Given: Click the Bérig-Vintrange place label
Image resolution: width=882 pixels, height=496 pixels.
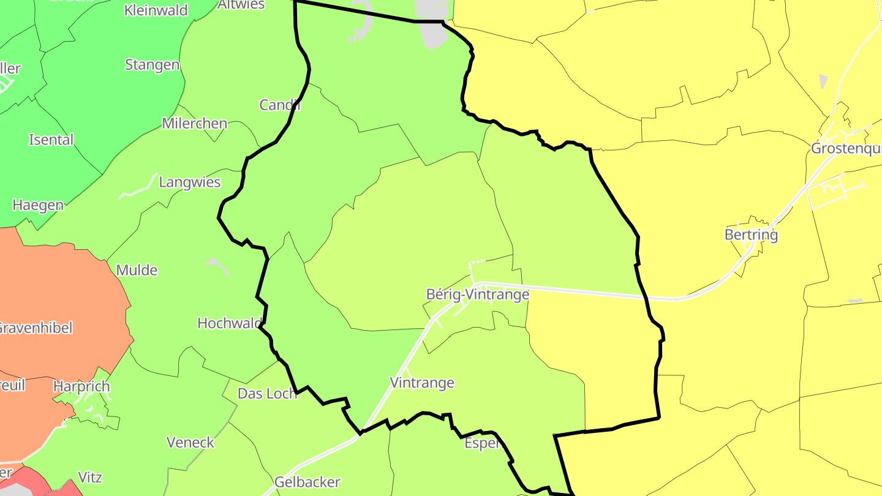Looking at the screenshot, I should pyautogui.click(x=477, y=295).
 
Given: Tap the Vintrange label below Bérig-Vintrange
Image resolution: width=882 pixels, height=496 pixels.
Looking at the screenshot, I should pyautogui.click(x=422, y=383).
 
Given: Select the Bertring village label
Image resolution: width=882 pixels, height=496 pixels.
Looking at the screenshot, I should pyautogui.click(x=751, y=235).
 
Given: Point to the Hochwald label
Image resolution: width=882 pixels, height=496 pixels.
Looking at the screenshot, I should pyautogui.click(x=230, y=323).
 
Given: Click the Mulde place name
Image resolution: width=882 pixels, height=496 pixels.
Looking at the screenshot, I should pyautogui.click(x=137, y=270).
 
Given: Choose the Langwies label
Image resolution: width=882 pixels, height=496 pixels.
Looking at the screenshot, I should pyautogui.click(x=189, y=182).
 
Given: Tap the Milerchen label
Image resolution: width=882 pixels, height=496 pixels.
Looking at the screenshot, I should pyautogui.click(x=194, y=123).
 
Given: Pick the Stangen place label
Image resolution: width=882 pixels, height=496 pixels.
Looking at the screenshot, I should pyautogui.click(x=152, y=64).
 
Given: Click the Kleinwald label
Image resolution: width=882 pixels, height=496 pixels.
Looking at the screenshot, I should pyautogui.click(x=156, y=10).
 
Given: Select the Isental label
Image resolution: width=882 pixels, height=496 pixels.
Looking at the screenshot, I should pyautogui.click(x=51, y=139).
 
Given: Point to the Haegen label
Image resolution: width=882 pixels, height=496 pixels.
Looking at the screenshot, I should pyautogui.click(x=38, y=205).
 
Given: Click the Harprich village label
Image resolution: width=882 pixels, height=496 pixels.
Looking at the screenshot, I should pyautogui.click(x=81, y=386).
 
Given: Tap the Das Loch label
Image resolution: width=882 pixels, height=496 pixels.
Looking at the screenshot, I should pyautogui.click(x=267, y=393).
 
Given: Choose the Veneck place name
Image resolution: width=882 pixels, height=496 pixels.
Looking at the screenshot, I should pyautogui.click(x=190, y=442).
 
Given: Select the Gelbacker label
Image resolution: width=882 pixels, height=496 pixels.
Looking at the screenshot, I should pyautogui.click(x=307, y=482).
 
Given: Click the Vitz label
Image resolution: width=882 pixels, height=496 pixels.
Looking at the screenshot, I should pyautogui.click(x=90, y=477).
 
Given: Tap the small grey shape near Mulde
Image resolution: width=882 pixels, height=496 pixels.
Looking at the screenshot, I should pyautogui.click(x=217, y=265).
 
